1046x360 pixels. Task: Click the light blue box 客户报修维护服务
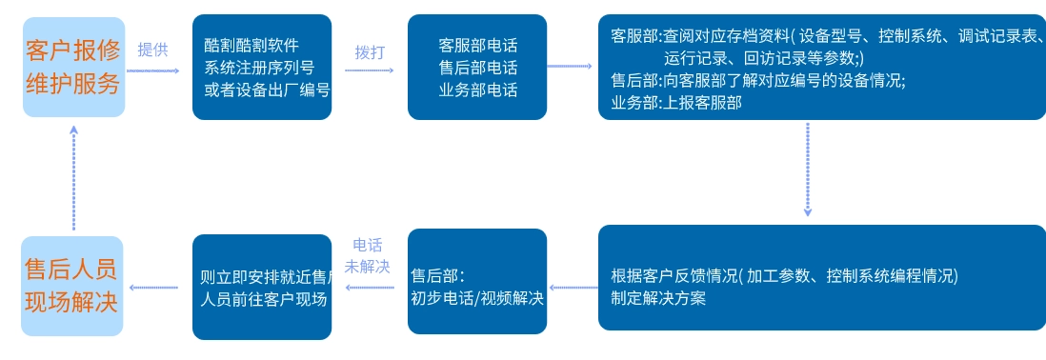pyautogui.click(x=73, y=67)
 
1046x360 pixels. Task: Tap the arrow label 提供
pyautogui.click(x=152, y=50)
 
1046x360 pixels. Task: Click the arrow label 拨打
pyautogui.click(x=370, y=51)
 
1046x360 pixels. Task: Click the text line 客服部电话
pyautogui.click(x=477, y=45)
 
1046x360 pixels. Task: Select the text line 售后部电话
pyautogui.click(x=477, y=68)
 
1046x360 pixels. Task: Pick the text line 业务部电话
pyautogui.click(x=477, y=90)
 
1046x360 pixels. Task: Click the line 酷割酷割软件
pyautogui.click(x=251, y=45)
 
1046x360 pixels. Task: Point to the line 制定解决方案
pyautogui.click(x=658, y=297)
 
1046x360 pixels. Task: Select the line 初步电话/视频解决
pyautogui.click(x=477, y=298)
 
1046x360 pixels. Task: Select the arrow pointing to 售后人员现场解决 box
pyautogui.click(x=156, y=287)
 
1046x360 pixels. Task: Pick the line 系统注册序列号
pyautogui.click(x=258, y=68)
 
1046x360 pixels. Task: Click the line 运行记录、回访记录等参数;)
pyautogui.click(x=764, y=58)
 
